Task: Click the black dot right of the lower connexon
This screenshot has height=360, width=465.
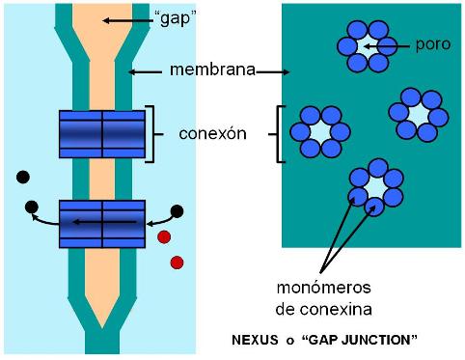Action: point(178,210)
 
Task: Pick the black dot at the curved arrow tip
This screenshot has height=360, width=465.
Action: point(31,206)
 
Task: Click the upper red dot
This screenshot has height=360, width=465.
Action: point(164,236)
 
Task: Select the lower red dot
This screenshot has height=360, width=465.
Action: point(177,262)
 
